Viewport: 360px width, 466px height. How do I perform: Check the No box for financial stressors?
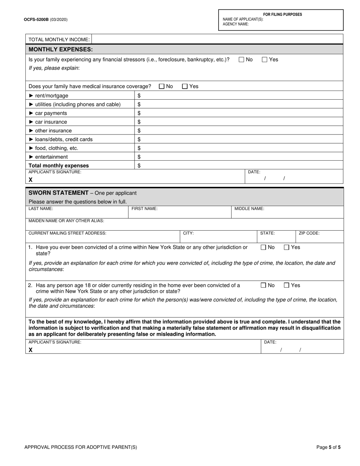[241, 59]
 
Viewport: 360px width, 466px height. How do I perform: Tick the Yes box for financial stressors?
[265, 59]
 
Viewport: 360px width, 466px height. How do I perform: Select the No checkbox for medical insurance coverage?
[162, 86]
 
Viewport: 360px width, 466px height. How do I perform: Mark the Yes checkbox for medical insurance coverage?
[185, 86]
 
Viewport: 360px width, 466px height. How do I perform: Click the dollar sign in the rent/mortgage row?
[139, 95]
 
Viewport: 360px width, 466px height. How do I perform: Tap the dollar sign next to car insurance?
[139, 122]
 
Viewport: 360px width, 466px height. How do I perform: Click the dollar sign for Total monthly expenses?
[139, 166]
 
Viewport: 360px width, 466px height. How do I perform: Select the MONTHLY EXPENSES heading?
[61, 49]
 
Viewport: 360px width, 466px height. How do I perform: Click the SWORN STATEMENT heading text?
[58, 193]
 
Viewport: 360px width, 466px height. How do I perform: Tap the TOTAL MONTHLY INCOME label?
[59, 39]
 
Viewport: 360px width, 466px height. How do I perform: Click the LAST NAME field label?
[41, 209]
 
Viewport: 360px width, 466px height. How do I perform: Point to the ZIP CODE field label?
[309, 233]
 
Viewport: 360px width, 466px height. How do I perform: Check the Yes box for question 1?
[287, 247]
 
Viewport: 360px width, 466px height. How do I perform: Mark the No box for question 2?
[263, 285]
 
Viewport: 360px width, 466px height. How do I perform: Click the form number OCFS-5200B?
[36, 19]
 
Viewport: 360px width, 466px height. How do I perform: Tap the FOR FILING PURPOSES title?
[283, 14]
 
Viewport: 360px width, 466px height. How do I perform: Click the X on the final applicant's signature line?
[31, 350]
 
